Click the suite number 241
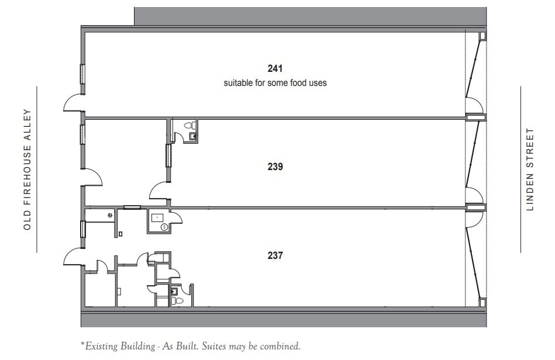(x=275, y=69)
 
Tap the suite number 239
(x=275, y=167)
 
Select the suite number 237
(x=275, y=255)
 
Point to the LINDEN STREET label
(x=530, y=169)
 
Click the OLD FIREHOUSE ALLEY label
(x=27, y=169)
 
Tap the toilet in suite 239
(x=188, y=125)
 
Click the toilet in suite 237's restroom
(x=177, y=300)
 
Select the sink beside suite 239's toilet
(x=192, y=136)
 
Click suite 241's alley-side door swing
(x=74, y=103)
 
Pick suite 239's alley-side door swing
(x=93, y=178)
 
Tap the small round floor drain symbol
(x=110, y=215)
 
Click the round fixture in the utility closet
(x=164, y=227)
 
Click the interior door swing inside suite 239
(x=160, y=191)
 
